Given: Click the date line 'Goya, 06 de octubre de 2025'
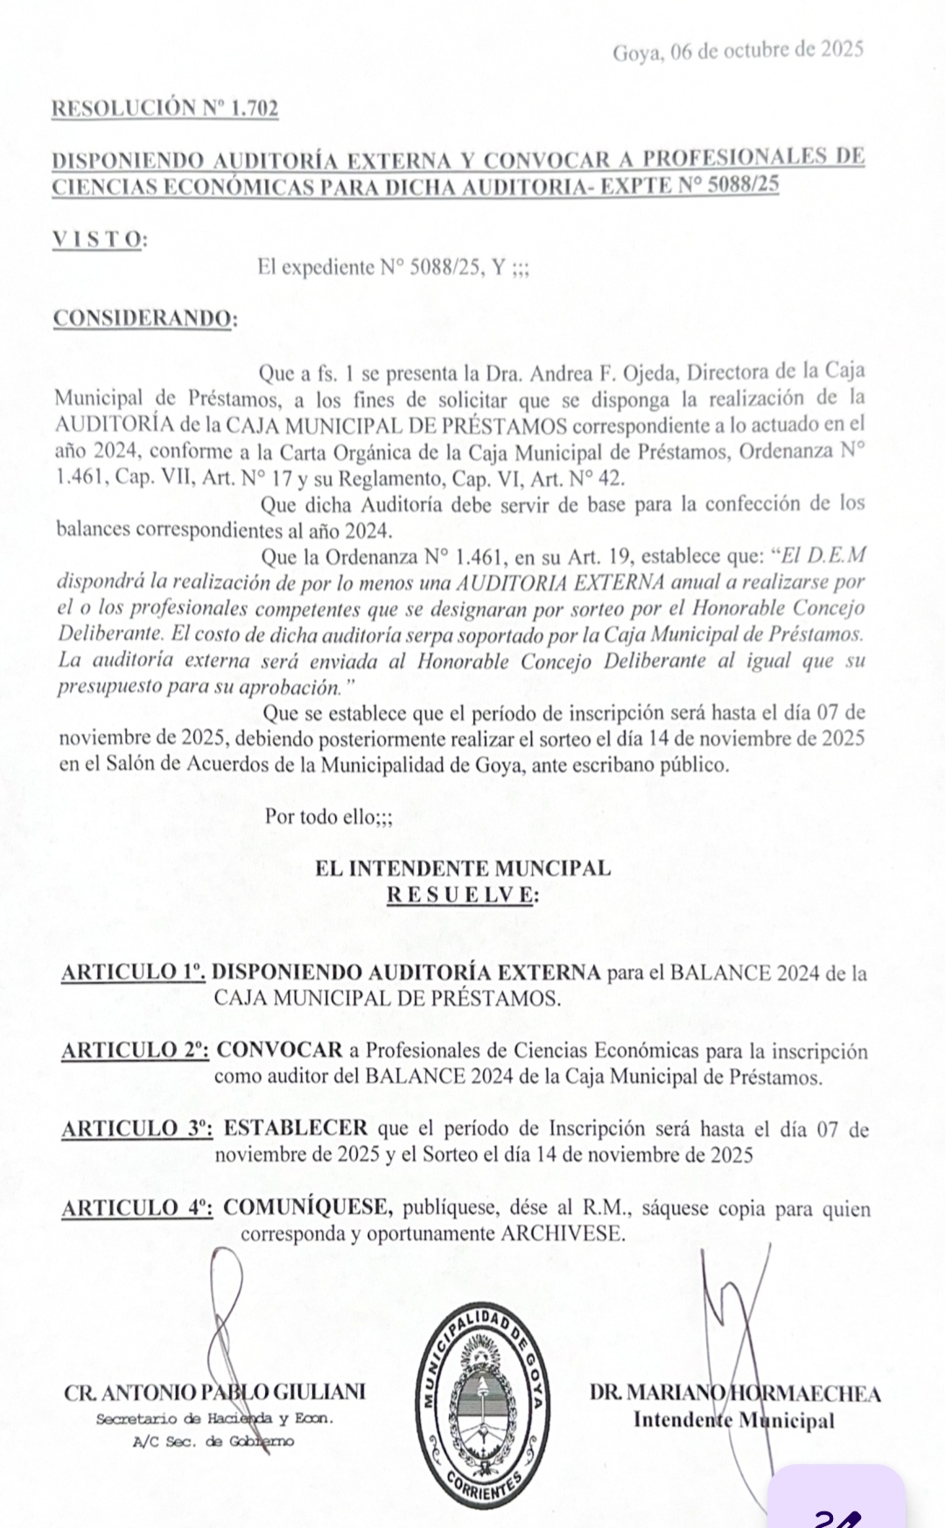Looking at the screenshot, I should (738, 50).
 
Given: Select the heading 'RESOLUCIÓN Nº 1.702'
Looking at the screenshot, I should (165, 108).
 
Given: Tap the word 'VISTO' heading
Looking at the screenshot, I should (97, 240).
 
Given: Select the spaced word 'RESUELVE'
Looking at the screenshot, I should (462, 895).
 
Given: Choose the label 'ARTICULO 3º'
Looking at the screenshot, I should (137, 1129).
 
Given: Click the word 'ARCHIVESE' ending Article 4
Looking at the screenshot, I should (563, 1234).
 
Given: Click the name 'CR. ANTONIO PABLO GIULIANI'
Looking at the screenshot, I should (214, 1393).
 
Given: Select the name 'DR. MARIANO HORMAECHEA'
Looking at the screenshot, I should (735, 1394).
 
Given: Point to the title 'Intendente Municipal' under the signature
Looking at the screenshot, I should (733, 1420).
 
